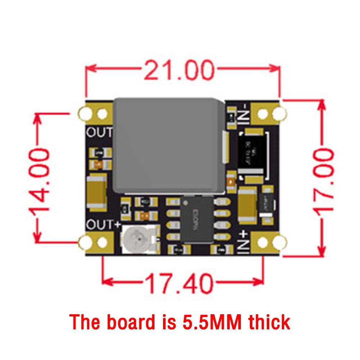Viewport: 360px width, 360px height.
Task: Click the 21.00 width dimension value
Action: tap(179, 71)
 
